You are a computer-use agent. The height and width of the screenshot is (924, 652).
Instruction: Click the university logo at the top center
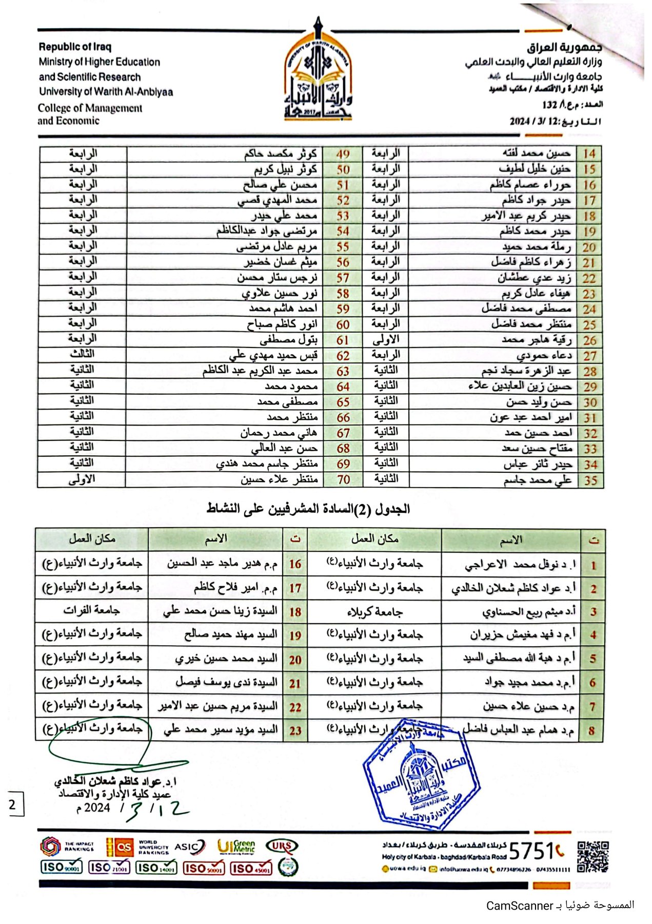tap(318, 72)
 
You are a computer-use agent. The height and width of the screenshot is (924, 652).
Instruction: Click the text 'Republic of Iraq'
tap(75, 47)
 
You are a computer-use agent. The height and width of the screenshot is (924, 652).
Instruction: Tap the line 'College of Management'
tap(90, 108)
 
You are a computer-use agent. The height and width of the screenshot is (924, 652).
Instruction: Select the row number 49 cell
tap(343, 154)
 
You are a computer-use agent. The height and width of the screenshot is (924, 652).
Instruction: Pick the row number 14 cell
tap(589, 153)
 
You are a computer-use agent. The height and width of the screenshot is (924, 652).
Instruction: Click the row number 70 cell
tap(343, 479)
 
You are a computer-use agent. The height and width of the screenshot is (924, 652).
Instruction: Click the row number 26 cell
tap(589, 340)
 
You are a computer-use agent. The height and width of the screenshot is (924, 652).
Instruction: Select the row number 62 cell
tap(343, 355)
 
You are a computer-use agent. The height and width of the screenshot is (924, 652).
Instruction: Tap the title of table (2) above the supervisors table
tap(308, 509)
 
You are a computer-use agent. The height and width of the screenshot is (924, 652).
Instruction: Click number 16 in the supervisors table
tap(295, 564)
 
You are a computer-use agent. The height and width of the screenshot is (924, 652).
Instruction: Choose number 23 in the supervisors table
tap(295, 730)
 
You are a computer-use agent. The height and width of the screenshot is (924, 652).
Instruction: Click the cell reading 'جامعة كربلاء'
tap(374, 611)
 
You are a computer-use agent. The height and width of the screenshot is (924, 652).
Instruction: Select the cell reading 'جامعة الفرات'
tap(91, 610)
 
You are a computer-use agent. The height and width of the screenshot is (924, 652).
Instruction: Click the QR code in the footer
tap(592, 857)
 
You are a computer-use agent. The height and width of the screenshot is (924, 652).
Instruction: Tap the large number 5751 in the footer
tap(531, 851)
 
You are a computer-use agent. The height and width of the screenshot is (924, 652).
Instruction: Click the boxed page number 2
tap(13, 805)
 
